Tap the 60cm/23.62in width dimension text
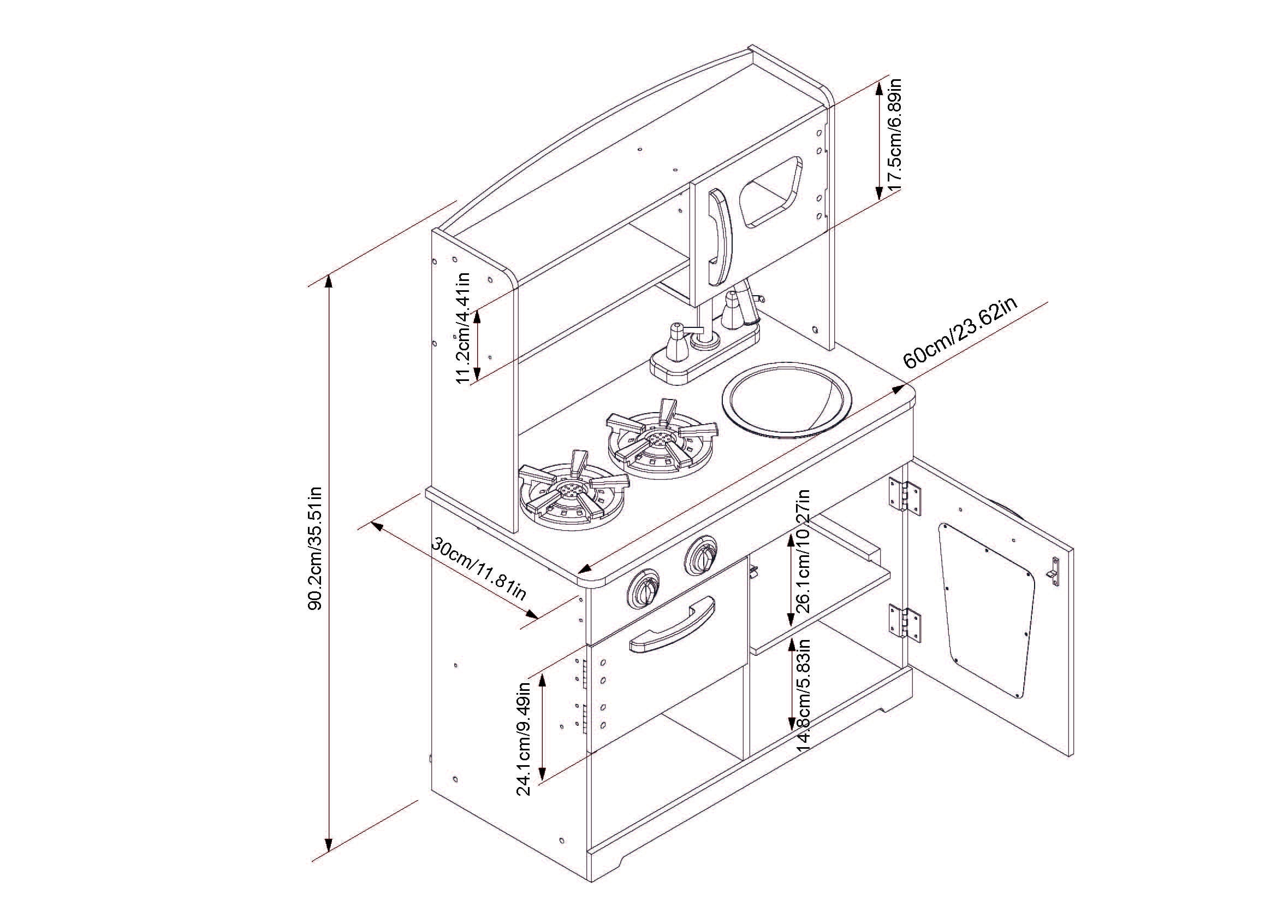click(x=960, y=332)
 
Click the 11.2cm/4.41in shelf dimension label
click(x=464, y=328)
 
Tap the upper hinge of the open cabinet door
click(x=903, y=494)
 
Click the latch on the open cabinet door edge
click(x=1053, y=571)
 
